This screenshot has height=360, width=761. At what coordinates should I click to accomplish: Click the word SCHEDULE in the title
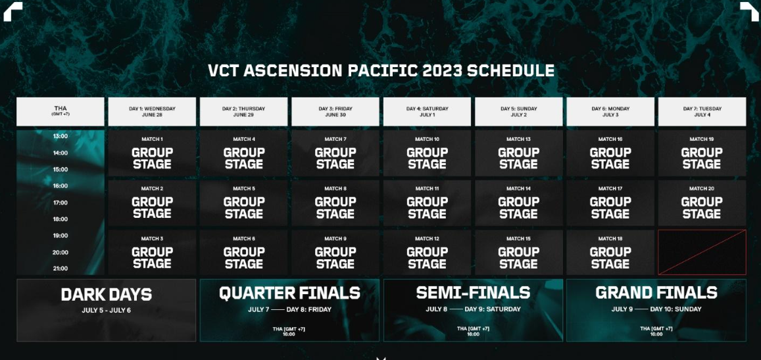510,70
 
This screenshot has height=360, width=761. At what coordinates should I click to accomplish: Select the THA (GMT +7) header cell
60,112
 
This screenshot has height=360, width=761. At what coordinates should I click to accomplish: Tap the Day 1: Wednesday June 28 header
152,112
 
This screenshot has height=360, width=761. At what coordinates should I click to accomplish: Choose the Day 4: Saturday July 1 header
427,112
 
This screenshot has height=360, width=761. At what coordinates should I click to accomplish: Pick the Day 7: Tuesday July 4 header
702,112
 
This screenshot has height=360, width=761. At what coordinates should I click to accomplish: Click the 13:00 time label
60,136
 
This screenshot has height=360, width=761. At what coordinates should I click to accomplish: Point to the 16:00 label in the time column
60,186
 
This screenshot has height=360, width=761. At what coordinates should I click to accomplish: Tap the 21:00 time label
60,269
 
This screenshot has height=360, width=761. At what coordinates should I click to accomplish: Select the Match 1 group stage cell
152,153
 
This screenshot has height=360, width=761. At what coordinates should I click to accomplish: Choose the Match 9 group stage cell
335,253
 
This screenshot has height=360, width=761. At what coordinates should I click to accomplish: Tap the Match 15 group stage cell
519,253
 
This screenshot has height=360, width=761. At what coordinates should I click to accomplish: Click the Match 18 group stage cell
610,253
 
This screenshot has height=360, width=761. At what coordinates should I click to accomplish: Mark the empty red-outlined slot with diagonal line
702,253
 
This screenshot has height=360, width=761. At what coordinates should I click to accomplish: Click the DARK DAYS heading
107,294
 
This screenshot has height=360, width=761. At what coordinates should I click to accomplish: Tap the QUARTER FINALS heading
290,293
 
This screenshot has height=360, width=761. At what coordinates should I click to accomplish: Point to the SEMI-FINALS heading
473,293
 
